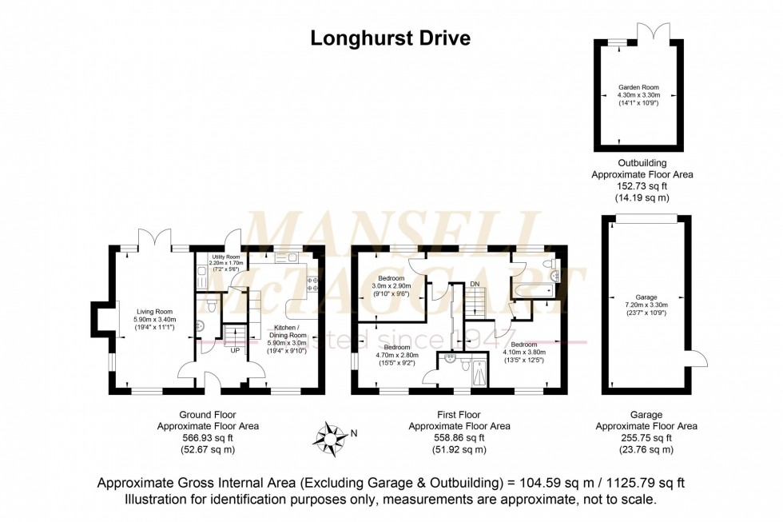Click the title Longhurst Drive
tap(390, 38)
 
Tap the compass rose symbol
tap(329, 436)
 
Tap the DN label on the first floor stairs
tap(475, 284)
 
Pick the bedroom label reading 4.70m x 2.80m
tap(396, 355)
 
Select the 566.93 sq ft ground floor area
tap(207, 437)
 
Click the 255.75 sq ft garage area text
tap(646, 437)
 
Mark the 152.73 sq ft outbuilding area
tap(642, 185)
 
